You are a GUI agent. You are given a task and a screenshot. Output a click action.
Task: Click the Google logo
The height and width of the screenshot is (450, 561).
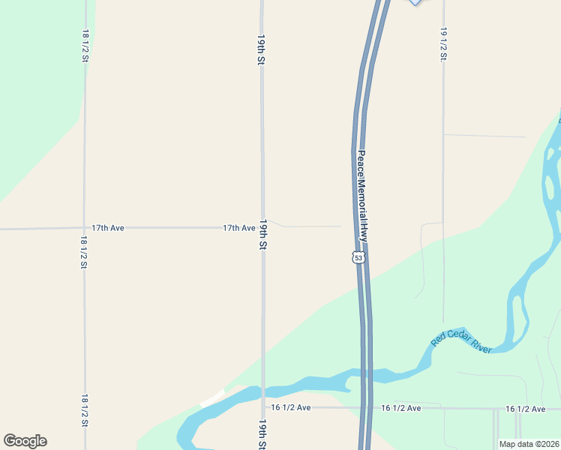[25, 441]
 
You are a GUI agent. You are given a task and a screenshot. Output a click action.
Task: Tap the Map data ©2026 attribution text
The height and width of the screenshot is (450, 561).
[529, 444]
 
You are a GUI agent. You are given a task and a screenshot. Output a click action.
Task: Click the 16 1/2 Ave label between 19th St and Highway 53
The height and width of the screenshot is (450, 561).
[291, 407]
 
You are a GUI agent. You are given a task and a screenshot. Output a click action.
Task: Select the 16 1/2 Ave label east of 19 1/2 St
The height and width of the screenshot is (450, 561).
[525, 409]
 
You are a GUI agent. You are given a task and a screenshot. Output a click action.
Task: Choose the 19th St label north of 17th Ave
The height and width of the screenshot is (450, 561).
[262, 49]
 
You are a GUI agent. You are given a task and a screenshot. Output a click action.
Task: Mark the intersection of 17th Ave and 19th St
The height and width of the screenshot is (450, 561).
[262, 227]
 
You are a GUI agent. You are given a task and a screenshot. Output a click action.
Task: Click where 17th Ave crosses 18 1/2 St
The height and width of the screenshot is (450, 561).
[84, 227]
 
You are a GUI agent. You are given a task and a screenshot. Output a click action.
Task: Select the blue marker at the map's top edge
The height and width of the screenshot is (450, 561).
[415, 2]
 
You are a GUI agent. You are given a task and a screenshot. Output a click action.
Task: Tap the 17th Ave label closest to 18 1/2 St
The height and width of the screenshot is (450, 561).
[107, 227]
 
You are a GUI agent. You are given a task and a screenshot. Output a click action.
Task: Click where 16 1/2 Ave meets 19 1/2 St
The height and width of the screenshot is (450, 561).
[443, 409]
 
